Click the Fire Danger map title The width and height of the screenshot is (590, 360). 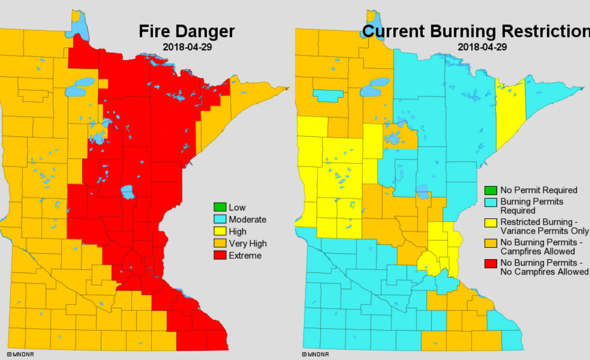(186, 31)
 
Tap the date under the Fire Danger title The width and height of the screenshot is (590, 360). (187, 47)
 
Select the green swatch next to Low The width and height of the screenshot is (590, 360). (219, 208)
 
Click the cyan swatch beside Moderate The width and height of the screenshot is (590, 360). (219, 219)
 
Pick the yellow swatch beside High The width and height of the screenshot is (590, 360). (219, 232)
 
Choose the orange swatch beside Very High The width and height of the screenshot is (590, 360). (219, 243)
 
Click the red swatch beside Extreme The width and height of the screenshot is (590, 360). (219, 255)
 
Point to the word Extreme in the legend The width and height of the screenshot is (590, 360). (245, 255)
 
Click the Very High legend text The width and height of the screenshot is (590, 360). (248, 243)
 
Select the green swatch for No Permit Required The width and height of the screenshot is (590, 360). (490, 190)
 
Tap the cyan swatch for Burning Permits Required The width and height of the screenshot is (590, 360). (490, 202)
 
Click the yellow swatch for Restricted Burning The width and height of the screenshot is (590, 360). (490, 222)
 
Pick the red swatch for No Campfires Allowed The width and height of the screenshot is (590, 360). (490, 263)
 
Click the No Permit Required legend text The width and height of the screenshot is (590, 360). (538, 190)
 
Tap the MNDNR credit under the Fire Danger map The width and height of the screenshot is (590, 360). (20, 354)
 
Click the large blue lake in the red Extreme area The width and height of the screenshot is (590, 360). (128, 191)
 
